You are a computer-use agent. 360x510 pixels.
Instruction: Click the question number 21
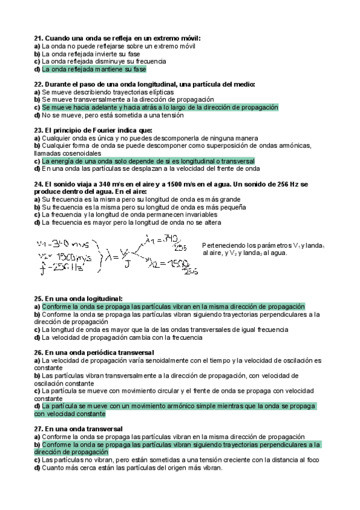(38, 38)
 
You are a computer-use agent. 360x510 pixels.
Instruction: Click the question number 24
(38, 184)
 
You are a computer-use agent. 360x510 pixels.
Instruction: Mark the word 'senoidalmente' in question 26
(171, 360)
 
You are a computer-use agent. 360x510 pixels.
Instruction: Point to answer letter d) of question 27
(37, 468)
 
